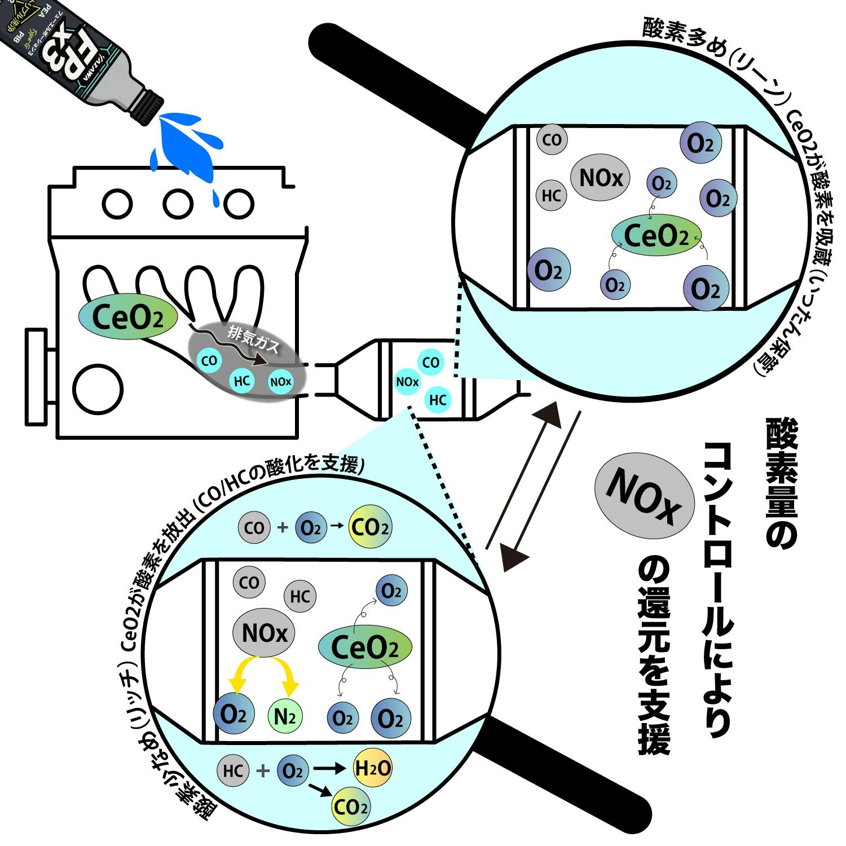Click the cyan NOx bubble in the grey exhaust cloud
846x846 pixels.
281,382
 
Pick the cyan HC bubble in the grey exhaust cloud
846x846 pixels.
242,381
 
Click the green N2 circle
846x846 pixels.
285,716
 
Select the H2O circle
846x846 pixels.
372,768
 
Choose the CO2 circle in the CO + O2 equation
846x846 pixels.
370,528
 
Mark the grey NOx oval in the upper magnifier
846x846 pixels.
601,179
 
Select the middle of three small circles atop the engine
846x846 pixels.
178,202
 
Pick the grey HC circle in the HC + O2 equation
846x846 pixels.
233,770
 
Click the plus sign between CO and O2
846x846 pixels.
283,528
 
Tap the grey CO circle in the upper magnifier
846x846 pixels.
552,139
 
